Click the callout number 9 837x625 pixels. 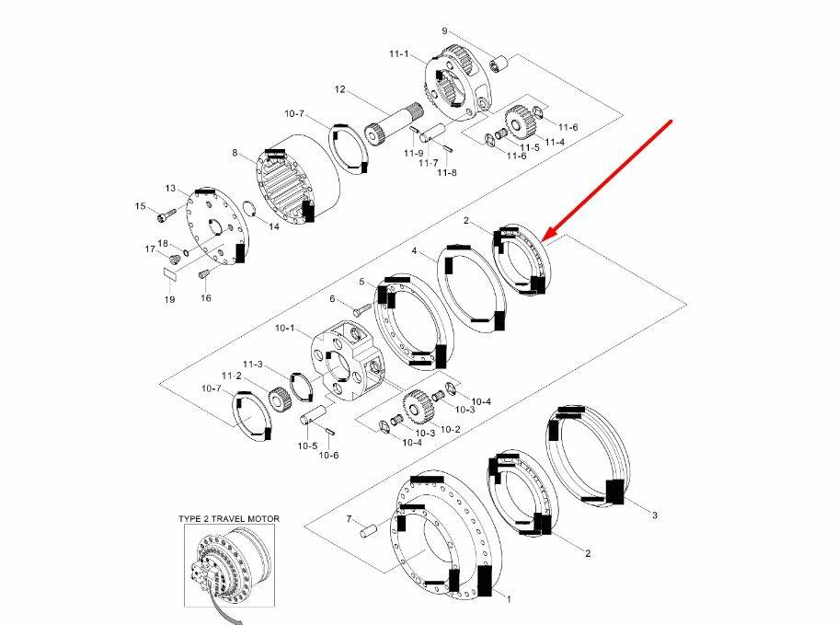click(x=444, y=31)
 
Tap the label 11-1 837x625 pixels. click(x=399, y=54)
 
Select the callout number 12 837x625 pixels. click(x=340, y=89)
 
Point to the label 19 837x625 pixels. click(x=169, y=299)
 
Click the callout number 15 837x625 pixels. click(x=140, y=206)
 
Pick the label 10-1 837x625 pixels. click(x=284, y=328)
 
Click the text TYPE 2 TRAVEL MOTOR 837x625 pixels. click(x=229, y=519)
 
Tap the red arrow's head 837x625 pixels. click(x=549, y=235)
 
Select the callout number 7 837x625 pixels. click(x=350, y=519)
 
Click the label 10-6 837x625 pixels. click(x=329, y=455)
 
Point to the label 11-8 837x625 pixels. click(x=447, y=172)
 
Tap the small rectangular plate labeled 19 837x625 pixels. click(x=170, y=274)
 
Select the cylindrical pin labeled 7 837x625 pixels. click(x=369, y=531)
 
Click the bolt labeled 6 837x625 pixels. click(x=362, y=308)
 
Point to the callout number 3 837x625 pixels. click(x=655, y=515)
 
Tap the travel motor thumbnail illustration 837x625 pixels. click(x=230, y=566)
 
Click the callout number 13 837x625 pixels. click(x=170, y=188)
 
